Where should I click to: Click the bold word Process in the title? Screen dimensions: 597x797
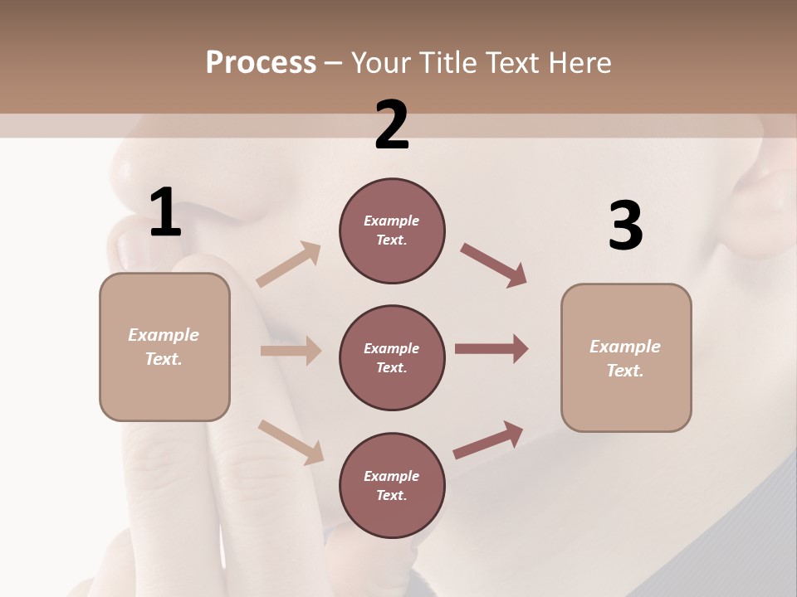(261, 62)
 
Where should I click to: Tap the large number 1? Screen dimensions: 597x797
(165, 213)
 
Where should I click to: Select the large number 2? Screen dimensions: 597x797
(392, 125)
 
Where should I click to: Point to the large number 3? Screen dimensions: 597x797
(625, 226)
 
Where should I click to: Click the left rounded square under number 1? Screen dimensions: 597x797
(164, 347)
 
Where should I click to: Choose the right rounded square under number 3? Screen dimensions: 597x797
(626, 358)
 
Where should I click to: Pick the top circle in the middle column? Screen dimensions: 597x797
(392, 231)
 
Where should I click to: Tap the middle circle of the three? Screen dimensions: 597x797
(392, 358)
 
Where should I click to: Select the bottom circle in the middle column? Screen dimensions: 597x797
(392, 486)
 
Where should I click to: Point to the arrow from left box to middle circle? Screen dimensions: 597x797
(290, 351)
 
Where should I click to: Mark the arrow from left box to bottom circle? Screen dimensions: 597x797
(291, 441)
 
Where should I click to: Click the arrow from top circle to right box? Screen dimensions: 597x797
(493, 265)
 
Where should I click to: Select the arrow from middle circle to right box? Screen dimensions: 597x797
(491, 349)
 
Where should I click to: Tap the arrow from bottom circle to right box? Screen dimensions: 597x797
(488, 439)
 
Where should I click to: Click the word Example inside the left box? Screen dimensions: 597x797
(164, 335)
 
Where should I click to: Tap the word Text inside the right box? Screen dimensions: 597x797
(624, 371)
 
